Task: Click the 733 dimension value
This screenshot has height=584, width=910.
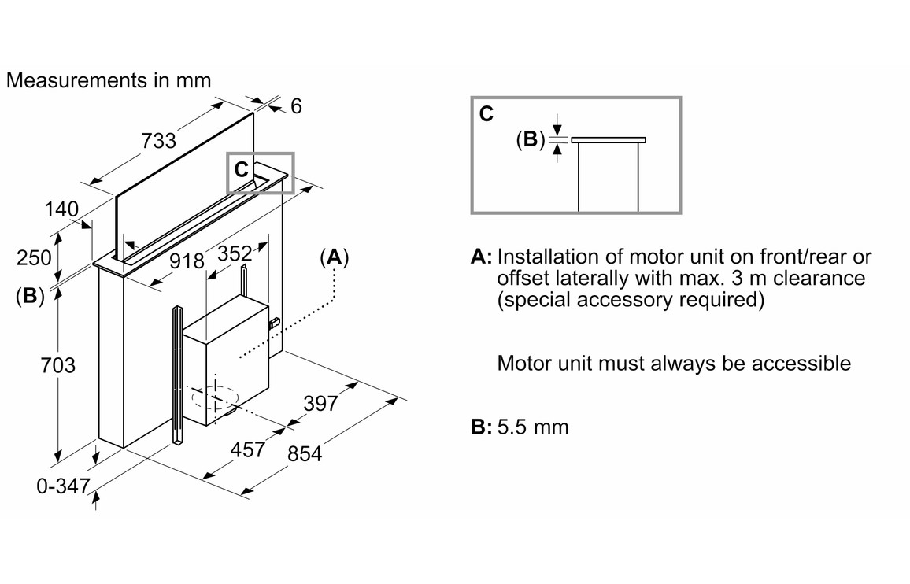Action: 158,141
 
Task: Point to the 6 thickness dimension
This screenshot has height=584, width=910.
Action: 295,105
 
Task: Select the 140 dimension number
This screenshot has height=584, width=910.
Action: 61,209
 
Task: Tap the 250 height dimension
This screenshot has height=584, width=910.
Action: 34,257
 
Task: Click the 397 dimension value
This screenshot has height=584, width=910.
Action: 320,404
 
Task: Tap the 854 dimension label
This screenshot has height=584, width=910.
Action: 305,454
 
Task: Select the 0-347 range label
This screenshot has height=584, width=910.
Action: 63,486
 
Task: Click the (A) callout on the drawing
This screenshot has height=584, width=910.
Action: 335,257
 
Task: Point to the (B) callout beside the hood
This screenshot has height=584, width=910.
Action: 30,296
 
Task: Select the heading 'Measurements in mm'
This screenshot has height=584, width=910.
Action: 109,80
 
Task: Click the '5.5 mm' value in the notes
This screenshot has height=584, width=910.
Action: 533,427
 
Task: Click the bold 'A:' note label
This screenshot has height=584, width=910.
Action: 481,257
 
